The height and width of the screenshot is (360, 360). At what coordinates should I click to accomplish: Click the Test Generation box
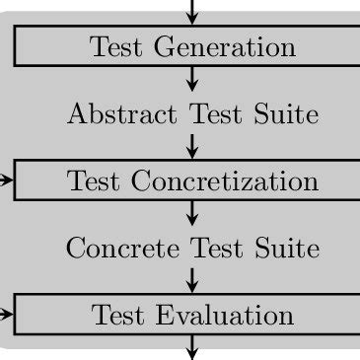point(192,46)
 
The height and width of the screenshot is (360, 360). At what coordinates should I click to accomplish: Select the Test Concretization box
point(192,180)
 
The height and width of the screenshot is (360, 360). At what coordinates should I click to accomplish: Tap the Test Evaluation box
point(192,315)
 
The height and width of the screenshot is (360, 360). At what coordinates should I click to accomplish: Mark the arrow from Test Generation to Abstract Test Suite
point(192,79)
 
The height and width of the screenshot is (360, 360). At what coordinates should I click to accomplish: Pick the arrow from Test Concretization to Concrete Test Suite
point(192,213)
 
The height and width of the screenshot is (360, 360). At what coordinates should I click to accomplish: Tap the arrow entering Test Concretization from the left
point(7,180)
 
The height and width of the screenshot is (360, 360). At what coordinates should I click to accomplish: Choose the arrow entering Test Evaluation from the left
point(7,315)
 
